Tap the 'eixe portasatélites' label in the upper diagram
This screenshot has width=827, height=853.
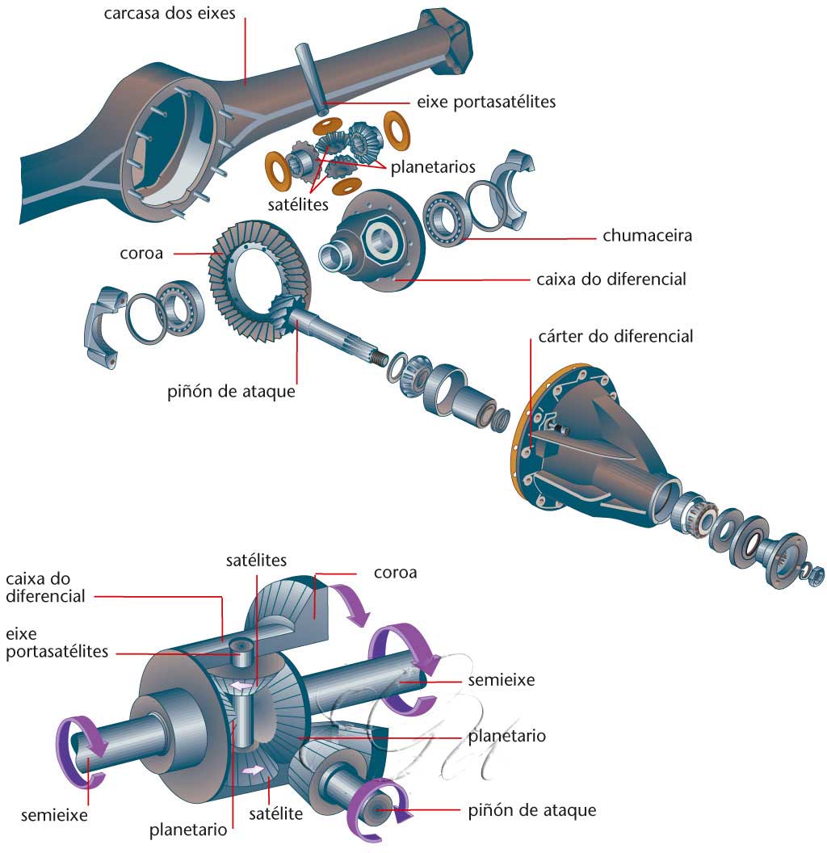click(486, 103)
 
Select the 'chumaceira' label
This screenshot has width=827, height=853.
click(647, 237)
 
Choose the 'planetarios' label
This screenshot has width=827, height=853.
click(433, 167)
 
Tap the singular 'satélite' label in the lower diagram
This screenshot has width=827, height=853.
click(275, 813)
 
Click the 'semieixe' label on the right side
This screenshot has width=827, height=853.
click(501, 681)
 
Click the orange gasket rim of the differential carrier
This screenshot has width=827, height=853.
click(516, 452)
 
